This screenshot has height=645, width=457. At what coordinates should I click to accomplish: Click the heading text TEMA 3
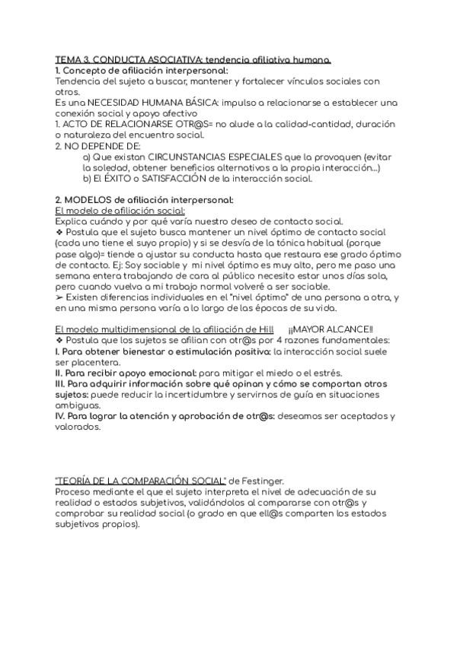coord(75,59)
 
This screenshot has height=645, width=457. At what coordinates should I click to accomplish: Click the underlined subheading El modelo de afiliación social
coord(120,211)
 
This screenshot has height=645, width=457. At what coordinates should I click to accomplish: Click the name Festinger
coord(263,481)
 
